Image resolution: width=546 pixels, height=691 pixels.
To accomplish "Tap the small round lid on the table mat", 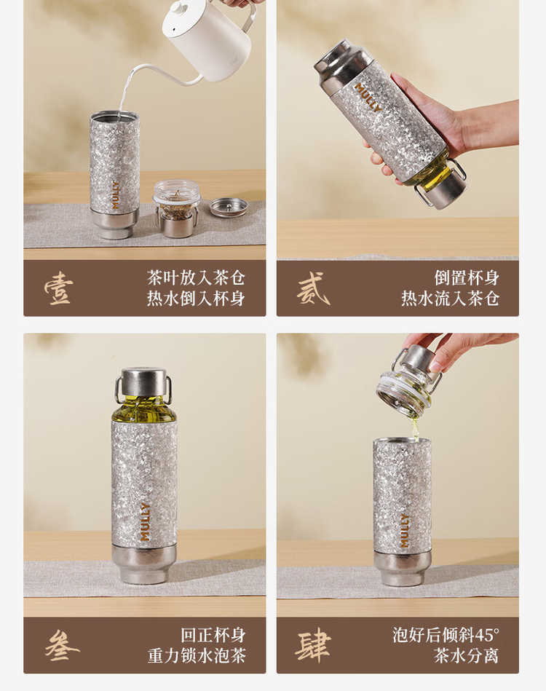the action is pyautogui.click(x=229, y=207).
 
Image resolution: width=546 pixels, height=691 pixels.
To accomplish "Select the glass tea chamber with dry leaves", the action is pyautogui.click(x=177, y=208).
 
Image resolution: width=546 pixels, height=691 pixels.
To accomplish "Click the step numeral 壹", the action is pyautogui.click(x=58, y=288).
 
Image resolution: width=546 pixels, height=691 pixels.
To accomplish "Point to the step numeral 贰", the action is pyautogui.click(x=313, y=288).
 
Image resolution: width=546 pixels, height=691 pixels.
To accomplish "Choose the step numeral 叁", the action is pyautogui.click(x=62, y=645).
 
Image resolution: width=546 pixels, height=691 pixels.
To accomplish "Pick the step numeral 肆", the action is pyautogui.click(x=313, y=646).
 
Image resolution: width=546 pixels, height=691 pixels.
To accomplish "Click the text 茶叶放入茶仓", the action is pyautogui.click(x=196, y=278).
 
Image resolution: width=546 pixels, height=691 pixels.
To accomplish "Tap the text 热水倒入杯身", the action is pyautogui.click(x=196, y=299).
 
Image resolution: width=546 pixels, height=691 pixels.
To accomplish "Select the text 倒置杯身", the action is pyautogui.click(x=467, y=278).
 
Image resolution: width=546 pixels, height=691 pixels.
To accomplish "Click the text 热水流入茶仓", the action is pyautogui.click(x=450, y=299).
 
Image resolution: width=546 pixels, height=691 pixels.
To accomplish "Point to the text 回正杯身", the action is pyautogui.click(x=213, y=635).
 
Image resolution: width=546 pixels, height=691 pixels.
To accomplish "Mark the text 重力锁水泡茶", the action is pyautogui.click(x=197, y=655).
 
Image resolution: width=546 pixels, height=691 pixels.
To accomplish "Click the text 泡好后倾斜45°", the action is pyautogui.click(x=446, y=635).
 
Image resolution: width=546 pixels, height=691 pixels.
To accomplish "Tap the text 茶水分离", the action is pyautogui.click(x=466, y=655).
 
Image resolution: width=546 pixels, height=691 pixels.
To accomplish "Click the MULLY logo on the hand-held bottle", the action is pyautogui.click(x=368, y=98).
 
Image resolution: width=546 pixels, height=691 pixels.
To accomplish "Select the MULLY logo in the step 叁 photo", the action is pyautogui.click(x=145, y=522).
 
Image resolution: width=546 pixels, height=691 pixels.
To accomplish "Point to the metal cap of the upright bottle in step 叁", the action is pyautogui.click(x=143, y=382).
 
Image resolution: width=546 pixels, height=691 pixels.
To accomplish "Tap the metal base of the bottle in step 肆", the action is pyautogui.click(x=402, y=568).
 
